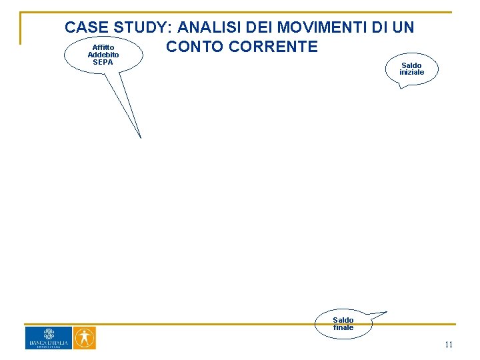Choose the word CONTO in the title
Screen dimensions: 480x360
click(194, 47)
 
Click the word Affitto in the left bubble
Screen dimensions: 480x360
click(103, 47)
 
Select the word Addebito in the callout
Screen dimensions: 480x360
click(103, 55)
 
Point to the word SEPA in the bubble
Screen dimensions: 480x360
click(103, 62)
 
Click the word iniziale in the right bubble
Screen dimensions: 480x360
click(411, 72)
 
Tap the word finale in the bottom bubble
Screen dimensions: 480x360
click(343, 327)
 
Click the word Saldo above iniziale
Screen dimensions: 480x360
click(411, 65)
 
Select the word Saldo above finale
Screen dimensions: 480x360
click(343, 320)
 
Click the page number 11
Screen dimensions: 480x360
click(449, 345)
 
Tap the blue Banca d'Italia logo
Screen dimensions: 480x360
click(48, 338)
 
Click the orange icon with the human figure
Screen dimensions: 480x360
click(84, 338)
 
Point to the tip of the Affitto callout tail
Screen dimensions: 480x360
click(141, 137)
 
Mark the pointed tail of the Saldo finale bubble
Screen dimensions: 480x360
click(387, 311)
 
